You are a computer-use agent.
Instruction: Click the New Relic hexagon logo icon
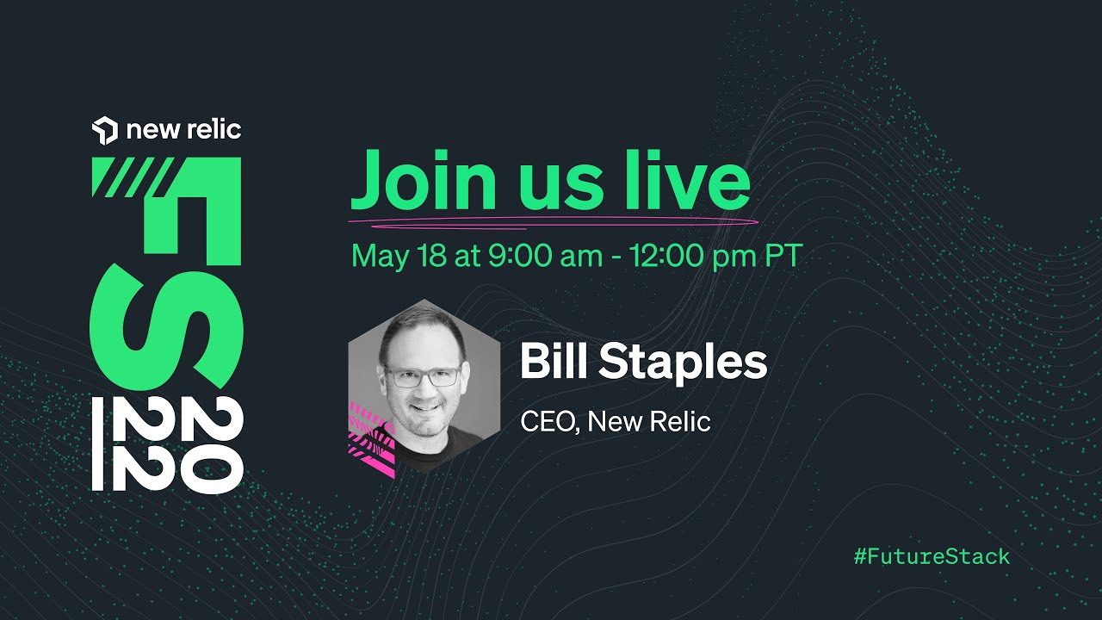pyautogui.click(x=105, y=130)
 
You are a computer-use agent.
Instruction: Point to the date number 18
pyautogui.click(x=431, y=256)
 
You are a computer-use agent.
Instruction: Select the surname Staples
pyautogui.click(x=683, y=364)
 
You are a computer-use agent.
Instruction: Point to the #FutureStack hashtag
pyautogui.click(x=932, y=556)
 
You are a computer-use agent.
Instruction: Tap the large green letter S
pyautogui.click(x=166, y=327)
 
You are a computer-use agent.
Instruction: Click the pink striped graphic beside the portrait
pyautogui.click(x=371, y=439)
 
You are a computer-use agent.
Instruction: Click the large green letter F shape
pyautogui.click(x=166, y=212)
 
